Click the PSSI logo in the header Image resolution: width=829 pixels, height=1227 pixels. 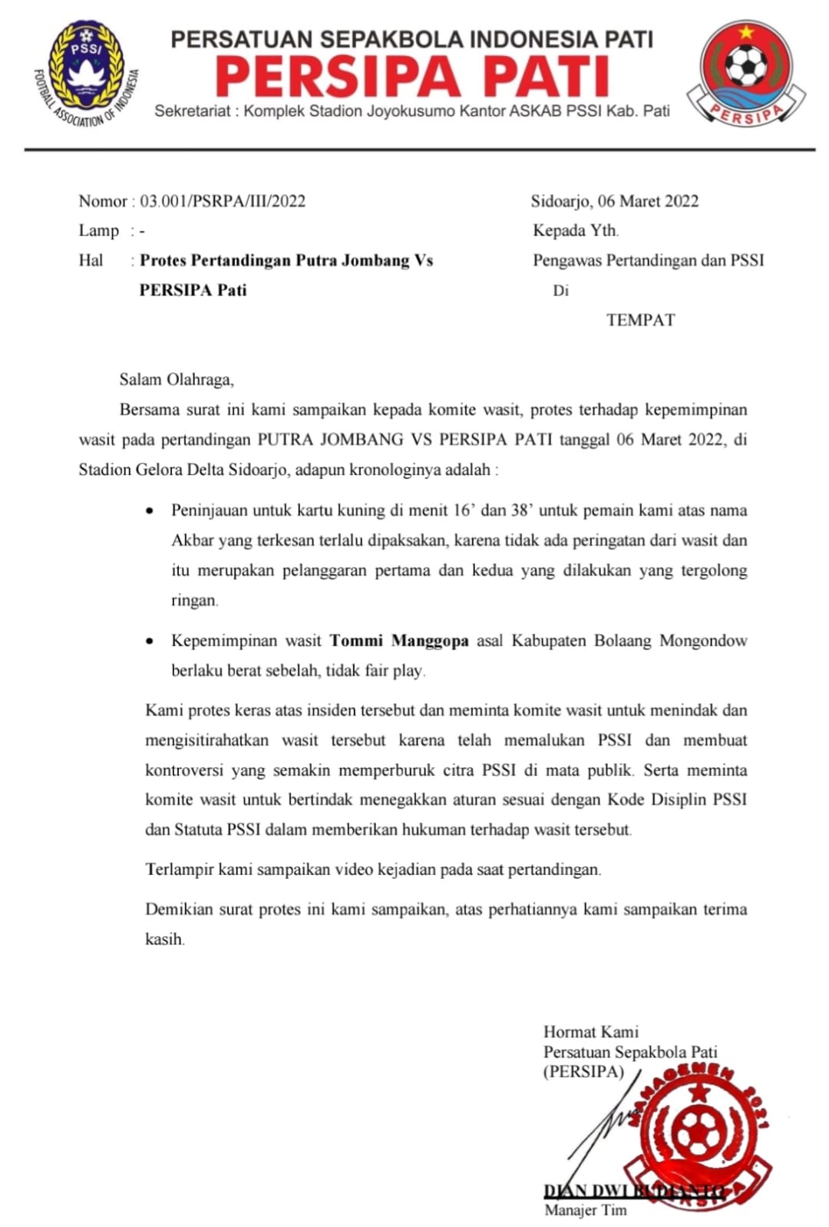(85, 73)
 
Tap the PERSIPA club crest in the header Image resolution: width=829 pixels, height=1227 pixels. (745, 73)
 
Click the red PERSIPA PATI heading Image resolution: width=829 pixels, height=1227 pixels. (412, 78)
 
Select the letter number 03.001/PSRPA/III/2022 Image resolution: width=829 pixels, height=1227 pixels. (223, 201)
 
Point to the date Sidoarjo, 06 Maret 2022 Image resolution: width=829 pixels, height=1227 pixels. (615, 201)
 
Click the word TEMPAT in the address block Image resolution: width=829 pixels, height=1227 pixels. (640, 320)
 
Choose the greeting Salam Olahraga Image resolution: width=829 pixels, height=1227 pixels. (177, 379)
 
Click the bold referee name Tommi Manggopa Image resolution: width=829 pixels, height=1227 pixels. (399, 641)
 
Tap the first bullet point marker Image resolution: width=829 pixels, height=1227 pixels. (150, 511)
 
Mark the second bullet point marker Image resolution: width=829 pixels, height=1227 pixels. (150, 642)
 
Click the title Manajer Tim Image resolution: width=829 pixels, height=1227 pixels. (586, 1210)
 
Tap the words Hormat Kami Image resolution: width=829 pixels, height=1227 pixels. (591, 1032)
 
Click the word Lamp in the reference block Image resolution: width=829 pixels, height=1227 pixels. (98, 231)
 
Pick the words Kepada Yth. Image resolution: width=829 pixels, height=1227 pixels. (576, 230)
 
